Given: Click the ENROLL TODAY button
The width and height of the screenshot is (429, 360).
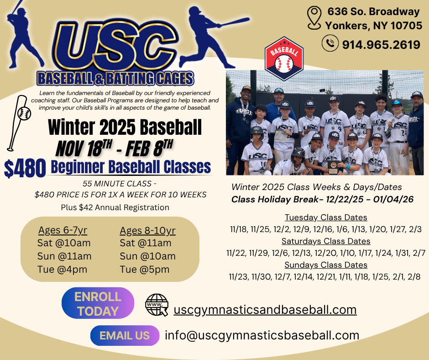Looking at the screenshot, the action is click(98, 303).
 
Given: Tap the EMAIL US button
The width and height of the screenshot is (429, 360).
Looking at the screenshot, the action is click(125, 336).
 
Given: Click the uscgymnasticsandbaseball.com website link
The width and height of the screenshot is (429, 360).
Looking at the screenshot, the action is click(265, 310).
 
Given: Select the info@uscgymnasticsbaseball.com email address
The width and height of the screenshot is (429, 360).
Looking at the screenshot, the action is click(262, 335).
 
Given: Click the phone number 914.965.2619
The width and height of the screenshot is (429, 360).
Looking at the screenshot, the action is click(381, 44).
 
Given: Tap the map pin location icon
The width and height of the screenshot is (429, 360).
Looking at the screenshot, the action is click(314, 18).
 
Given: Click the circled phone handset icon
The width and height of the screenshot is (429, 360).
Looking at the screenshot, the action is click(330, 43).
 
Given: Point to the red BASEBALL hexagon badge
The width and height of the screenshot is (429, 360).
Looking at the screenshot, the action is click(284, 58).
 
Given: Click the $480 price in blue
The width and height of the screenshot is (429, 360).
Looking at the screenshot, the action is click(25, 168).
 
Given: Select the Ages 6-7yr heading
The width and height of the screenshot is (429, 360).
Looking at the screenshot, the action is click(63, 230).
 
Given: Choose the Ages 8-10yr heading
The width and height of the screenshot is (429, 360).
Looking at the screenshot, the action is click(147, 231).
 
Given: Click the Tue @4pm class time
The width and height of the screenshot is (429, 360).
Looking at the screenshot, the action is click(63, 270).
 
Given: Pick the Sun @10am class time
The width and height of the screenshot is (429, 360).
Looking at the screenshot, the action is click(148, 256).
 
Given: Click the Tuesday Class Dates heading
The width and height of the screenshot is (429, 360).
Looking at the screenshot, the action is click(326, 217).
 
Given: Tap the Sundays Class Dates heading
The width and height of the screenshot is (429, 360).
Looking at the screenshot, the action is click(326, 265).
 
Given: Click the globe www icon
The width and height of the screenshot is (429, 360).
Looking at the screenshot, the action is click(157, 305).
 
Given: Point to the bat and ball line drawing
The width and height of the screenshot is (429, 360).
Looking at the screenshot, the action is click(19, 123).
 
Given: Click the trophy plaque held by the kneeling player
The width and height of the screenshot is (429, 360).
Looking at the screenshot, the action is click(333, 167).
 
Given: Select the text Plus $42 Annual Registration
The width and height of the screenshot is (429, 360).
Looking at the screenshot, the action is click(115, 207).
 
